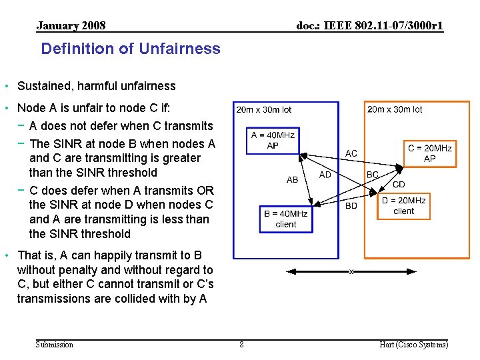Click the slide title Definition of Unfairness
coord(131,49)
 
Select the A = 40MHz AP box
coord(273,141)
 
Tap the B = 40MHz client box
coord(285,219)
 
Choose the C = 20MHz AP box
coord(430,153)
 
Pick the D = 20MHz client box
coord(403,206)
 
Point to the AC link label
coord(351,154)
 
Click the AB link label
coord(292,180)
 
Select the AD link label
coord(325,175)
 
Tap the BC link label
coord(373,175)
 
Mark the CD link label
coord(399,185)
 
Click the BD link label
coord(351,206)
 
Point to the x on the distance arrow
coord(351,271)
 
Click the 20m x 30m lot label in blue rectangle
coord(264,109)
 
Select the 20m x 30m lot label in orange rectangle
coord(395,109)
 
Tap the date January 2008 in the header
coord(71,26)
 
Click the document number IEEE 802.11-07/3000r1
coord(369,26)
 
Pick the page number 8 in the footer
coord(241,345)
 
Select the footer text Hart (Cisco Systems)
coord(413,345)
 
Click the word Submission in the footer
coord(55,345)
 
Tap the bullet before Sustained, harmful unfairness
coord(7,86)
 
